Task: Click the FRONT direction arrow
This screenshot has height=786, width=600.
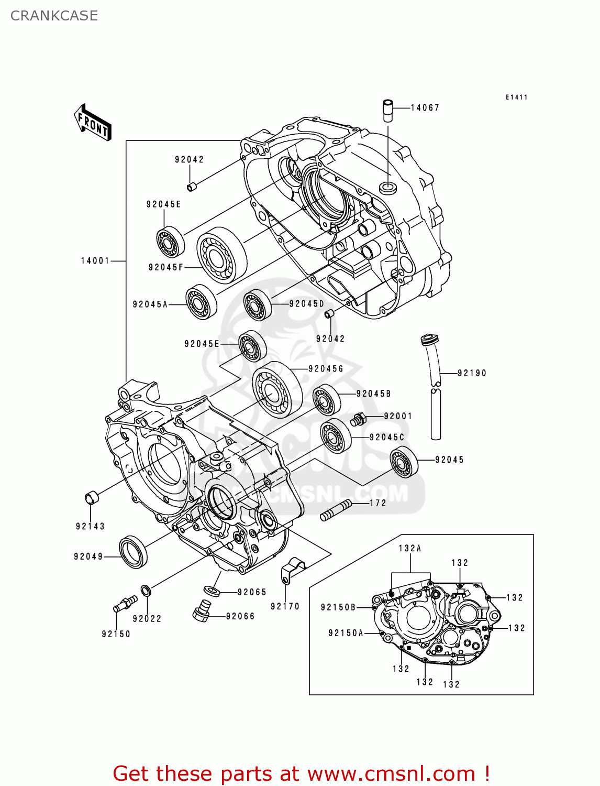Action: pos(93,123)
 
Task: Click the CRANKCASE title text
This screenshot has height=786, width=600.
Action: pos(54,16)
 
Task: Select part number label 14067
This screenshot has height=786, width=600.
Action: pos(425,108)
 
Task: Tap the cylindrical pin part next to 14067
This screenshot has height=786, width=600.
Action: pos(388,110)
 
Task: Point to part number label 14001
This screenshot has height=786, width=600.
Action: pos(95,260)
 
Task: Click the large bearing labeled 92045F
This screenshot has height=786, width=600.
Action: pos(221,255)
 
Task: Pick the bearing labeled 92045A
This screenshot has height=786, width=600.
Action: pos(202,302)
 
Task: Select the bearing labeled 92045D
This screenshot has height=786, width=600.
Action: pos(258,304)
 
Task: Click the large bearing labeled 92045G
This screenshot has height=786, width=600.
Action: pos(277,390)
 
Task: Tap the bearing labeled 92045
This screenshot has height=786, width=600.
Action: pos(404,462)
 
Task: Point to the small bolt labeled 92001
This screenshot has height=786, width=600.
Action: pos(359,419)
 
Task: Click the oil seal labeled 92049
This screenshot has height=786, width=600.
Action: pos(134,552)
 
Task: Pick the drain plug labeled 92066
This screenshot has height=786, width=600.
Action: pos(201,611)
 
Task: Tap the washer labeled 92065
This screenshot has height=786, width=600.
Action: pos(212,591)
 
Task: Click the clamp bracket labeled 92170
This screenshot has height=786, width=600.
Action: pos(293,570)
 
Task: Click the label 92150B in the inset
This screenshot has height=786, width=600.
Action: pos(338,607)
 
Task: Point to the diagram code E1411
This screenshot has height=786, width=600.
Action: pos(516,97)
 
